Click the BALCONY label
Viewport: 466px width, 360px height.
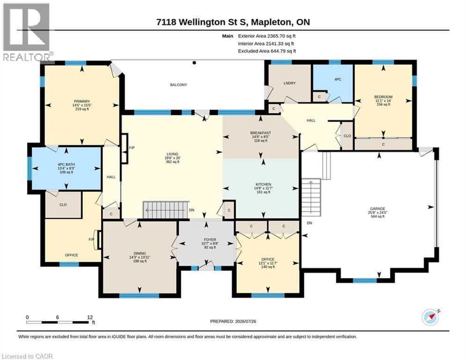[x=178, y=85]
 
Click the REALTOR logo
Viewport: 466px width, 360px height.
[x=27, y=32]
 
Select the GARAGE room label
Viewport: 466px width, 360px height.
[x=377, y=209]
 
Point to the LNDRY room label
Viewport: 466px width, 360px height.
[x=289, y=83]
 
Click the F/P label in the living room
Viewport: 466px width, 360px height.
[x=132, y=148]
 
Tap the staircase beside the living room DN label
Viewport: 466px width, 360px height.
[x=166, y=210]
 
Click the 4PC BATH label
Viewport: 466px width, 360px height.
[x=67, y=165]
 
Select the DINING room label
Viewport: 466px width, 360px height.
[x=140, y=254]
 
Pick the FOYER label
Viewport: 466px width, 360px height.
[x=210, y=240]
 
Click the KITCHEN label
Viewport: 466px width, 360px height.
[x=263, y=185]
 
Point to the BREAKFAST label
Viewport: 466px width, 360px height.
[x=261, y=133]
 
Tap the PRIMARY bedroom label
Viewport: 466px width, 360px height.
[x=82, y=101]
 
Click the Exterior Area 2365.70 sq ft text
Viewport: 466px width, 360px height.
[x=267, y=36]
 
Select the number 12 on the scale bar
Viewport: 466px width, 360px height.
[x=90, y=317]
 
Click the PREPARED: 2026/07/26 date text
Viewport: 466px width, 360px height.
[x=233, y=321]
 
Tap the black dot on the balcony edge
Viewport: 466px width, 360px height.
[x=194, y=63]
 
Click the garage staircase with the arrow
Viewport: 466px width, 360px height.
[x=311, y=197]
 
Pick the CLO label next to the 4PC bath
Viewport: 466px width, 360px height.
[x=63, y=205]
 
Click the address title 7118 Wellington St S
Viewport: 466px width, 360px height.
[x=203, y=22]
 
